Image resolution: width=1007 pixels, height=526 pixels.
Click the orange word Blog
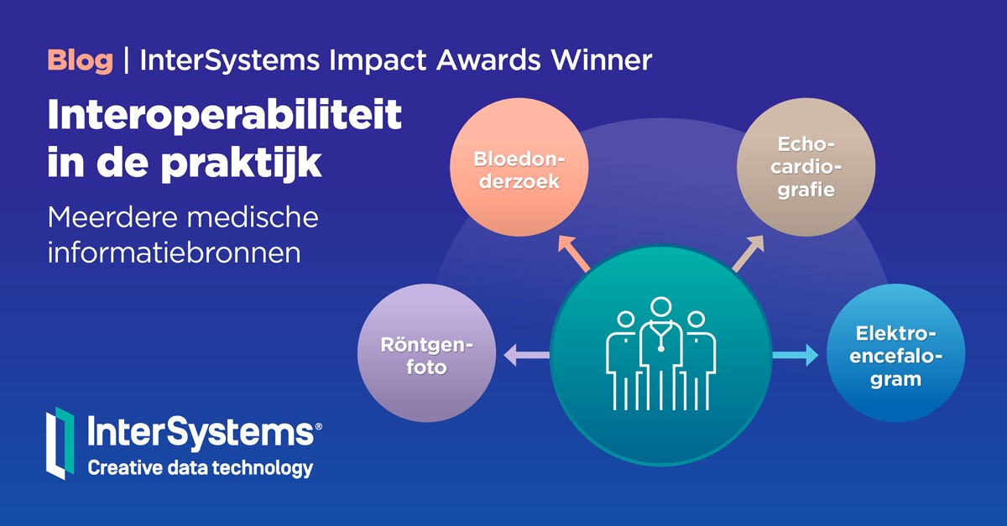80,60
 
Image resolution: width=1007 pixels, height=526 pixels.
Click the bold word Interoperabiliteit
225,117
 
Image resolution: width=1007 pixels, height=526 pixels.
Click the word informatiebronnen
174,253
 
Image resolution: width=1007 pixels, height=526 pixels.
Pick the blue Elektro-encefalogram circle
895,355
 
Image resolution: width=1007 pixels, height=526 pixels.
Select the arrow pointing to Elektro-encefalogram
795,357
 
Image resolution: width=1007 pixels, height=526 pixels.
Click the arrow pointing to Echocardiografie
748,254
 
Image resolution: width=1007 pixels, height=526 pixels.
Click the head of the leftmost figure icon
624,320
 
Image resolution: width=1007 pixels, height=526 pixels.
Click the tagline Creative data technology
201,467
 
